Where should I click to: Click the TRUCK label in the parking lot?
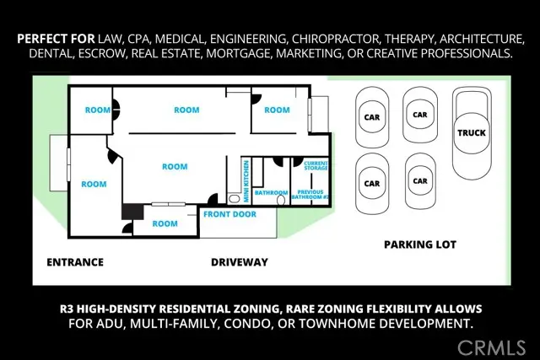point(472,133)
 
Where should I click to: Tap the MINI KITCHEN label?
point(246,181)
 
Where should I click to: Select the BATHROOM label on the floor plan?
point(271,193)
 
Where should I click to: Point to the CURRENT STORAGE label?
point(316,165)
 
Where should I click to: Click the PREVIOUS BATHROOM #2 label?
point(310,195)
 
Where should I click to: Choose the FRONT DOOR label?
point(229,214)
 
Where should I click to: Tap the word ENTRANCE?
point(75,262)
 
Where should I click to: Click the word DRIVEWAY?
point(240,262)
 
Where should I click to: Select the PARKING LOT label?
point(420,244)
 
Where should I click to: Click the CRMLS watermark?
point(491,347)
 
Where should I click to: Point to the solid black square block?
point(132,212)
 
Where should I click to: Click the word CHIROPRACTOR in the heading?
point(335,39)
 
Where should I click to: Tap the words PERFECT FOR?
point(56,39)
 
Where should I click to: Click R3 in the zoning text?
point(67,309)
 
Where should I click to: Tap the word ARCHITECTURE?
point(482,39)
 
